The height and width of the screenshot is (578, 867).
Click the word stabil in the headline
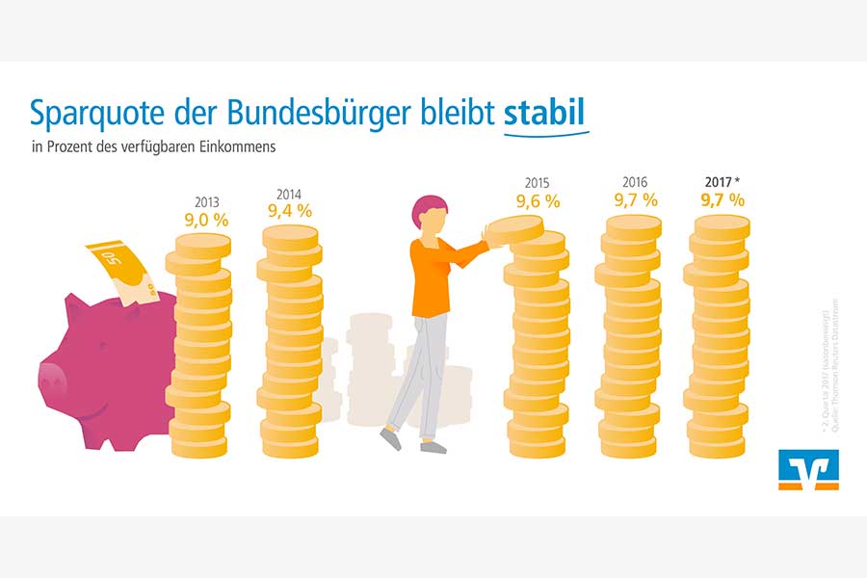coord(545,114)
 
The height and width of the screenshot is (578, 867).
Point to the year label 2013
coord(206,202)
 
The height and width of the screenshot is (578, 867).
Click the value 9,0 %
coord(206,221)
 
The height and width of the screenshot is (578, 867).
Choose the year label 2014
coord(289,192)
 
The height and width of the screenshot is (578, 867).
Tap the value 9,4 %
coord(289,211)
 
